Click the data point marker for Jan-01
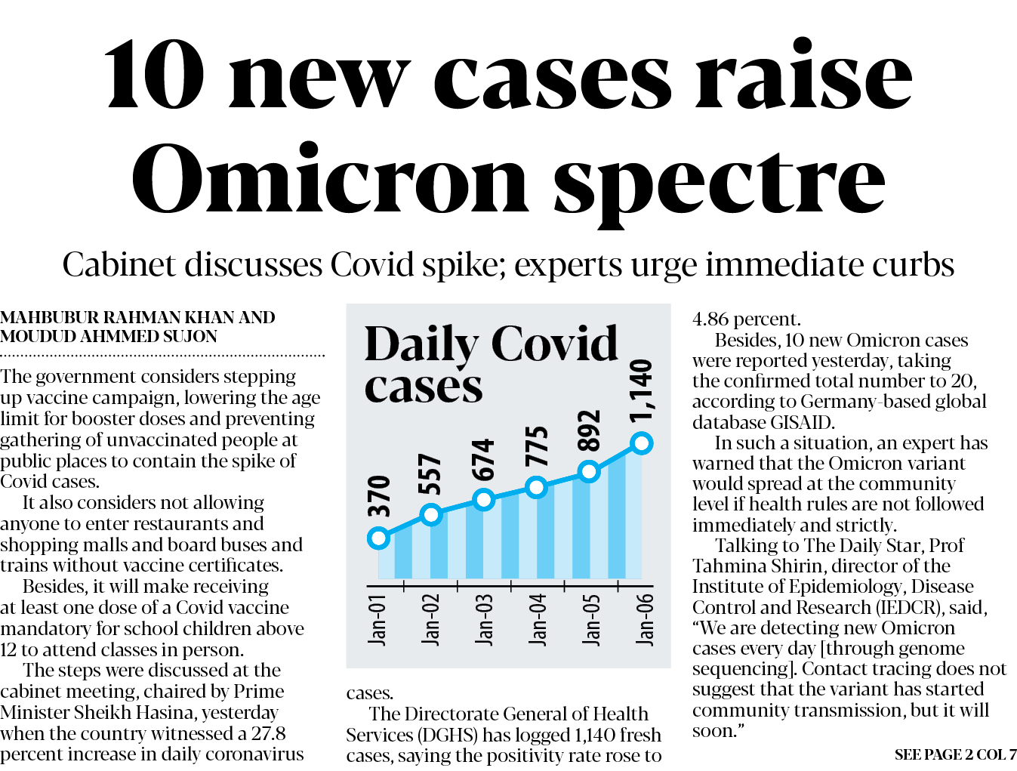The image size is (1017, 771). coord(378,538)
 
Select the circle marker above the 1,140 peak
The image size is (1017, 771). coord(641,443)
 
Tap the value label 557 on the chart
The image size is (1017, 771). coord(430,474)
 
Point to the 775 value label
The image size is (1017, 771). coord(536,446)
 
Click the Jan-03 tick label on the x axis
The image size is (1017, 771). coord(484,619)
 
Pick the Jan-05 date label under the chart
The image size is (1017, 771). coord(592,619)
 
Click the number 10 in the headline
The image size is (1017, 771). coord(155,76)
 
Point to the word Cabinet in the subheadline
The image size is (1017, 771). coord(117,265)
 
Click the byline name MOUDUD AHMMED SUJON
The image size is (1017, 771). coord(109,337)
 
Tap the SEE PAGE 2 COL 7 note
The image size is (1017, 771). coord(955,754)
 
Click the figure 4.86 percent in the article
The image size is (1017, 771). coord(746,319)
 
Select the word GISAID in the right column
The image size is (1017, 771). coord(800,423)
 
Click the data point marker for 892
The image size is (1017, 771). coord(589,472)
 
